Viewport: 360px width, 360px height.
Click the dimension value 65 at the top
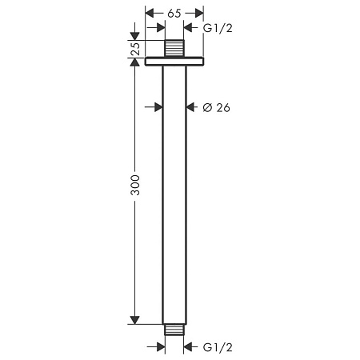point(174,14)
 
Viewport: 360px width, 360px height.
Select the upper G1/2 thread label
point(218,28)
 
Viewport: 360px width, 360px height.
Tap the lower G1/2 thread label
point(218,347)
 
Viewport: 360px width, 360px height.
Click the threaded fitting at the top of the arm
point(174,49)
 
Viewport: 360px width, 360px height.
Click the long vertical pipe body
point(174,192)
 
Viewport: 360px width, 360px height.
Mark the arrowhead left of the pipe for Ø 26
point(158,106)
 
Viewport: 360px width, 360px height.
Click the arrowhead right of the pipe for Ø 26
point(190,106)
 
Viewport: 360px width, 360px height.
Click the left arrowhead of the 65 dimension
point(150,14)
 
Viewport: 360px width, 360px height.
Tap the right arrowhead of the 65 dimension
point(199,14)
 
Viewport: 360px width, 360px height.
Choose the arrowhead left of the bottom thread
point(160,346)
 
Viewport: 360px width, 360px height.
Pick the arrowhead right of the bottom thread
point(189,346)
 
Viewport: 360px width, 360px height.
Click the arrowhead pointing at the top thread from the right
point(189,28)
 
